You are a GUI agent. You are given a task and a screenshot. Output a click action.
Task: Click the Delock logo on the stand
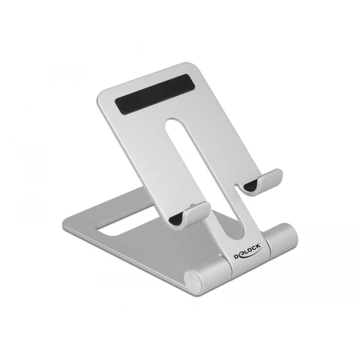click(247, 251)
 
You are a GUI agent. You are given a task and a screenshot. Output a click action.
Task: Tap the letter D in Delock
click(236, 257)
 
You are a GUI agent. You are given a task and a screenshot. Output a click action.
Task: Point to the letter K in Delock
click(257, 247)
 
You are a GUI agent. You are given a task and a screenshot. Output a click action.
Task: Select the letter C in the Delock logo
click(253, 249)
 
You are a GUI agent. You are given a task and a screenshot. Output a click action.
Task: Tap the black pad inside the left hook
click(176, 218)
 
